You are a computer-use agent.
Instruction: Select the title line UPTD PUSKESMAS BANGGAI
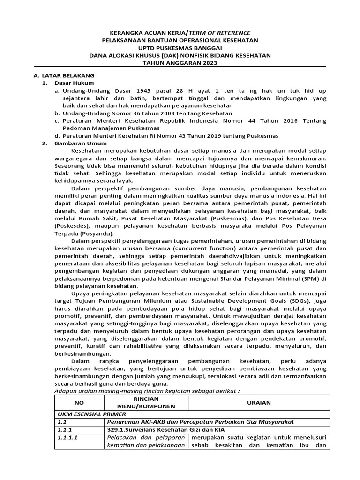pos(180,48)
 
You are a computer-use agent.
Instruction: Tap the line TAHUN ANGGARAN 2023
pos(180,63)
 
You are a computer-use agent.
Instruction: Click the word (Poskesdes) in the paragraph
pos(74,226)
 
